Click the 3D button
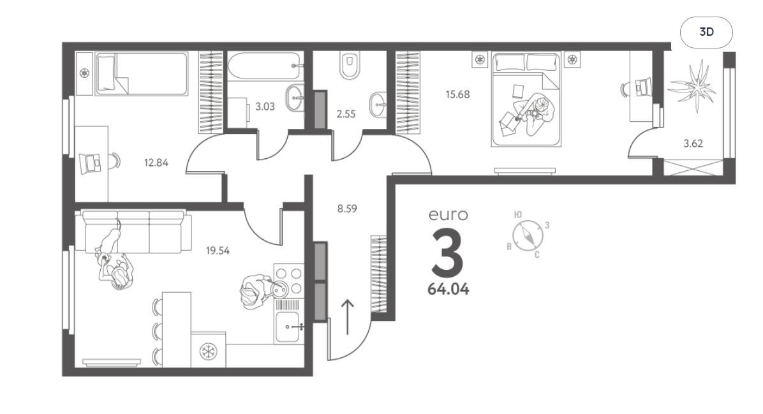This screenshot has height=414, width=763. point(706,32)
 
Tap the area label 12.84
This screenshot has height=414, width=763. point(156,163)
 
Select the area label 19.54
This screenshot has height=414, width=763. point(218,251)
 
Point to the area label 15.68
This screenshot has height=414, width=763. point(458,94)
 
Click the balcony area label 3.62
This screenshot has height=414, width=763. point(693,144)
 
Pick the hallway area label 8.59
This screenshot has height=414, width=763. point(347,209)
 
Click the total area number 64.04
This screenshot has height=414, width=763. point(448,289)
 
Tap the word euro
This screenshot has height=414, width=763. point(448,215)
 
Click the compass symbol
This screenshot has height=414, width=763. point(528,235)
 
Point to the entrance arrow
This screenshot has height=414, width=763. point(348,316)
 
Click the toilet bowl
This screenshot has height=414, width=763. point(350,64)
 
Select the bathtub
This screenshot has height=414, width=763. point(264,66)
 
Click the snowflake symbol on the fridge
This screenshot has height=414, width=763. point(209,351)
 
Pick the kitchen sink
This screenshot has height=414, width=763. point(288,327)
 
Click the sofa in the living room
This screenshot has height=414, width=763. point(135,232)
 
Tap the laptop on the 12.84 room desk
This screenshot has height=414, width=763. point(90,162)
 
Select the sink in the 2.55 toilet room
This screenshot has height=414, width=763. point(378,104)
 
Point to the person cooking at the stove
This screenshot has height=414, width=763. point(255,291)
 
